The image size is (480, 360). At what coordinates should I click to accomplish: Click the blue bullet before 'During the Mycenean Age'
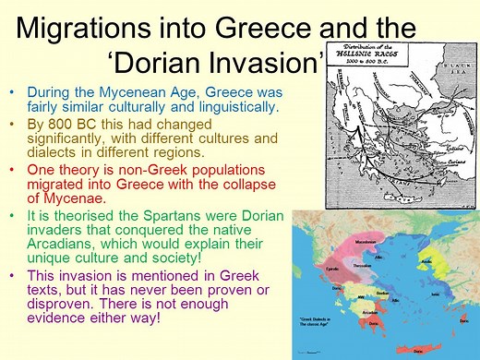(x=10, y=93)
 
